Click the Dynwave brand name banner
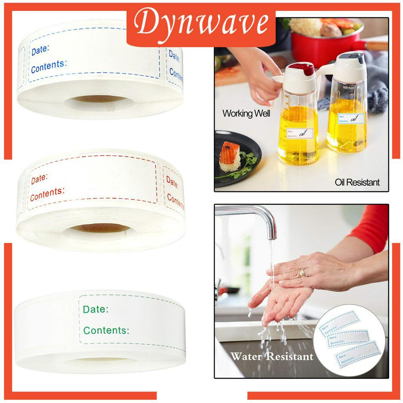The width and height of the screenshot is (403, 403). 201,24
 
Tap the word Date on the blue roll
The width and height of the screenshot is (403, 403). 40,50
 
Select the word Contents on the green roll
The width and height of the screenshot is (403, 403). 106,330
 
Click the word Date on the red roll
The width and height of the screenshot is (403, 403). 39,179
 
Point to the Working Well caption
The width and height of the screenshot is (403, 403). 246,114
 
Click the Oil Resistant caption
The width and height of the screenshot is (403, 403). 357,182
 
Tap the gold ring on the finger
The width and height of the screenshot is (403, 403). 301,272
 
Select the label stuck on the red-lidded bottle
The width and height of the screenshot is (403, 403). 299,133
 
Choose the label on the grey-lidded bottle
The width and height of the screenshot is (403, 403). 351,118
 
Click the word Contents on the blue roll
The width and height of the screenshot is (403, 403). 49,67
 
